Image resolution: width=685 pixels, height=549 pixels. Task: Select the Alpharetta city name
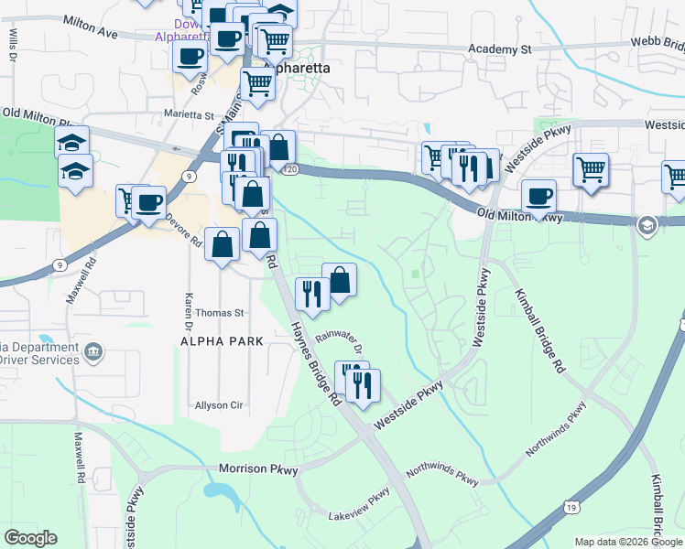tap(297, 68)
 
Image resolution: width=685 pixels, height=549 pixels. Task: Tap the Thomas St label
tap(219, 312)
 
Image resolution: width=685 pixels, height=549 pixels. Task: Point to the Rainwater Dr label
tap(340, 344)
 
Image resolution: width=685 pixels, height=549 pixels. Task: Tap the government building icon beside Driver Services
tap(92, 351)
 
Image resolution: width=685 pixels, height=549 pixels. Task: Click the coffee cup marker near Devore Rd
tap(148, 203)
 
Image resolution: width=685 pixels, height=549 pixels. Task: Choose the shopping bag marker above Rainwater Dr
tap(339, 280)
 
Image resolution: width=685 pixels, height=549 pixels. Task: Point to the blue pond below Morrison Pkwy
tap(223, 494)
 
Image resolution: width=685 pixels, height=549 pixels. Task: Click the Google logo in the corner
tap(30, 537)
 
